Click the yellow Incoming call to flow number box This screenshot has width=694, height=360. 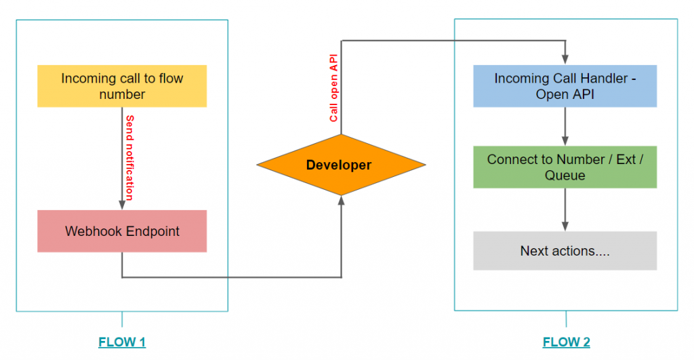(x=122, y=86)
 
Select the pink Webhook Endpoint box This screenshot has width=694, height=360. (x=122, y=231)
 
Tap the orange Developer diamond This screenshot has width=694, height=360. (x=341, y=165)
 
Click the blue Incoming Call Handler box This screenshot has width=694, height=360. (x=565, y=86)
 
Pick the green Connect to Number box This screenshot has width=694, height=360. (x=565, y=167)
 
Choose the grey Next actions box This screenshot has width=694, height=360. (x=565, y=251)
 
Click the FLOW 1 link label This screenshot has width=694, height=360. (x=122, y=342)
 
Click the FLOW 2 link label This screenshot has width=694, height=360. (x=566, y=342)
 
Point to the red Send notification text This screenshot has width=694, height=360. (x=129, y=158)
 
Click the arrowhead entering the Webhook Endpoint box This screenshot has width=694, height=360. (x=122, y=205)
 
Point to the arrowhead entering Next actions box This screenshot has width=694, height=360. (x=565, y=227)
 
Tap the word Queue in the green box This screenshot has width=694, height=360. (x=565, y=176)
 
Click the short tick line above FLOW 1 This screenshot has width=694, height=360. (x=122, y=319)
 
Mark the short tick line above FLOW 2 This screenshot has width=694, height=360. (x=566, y=319)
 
